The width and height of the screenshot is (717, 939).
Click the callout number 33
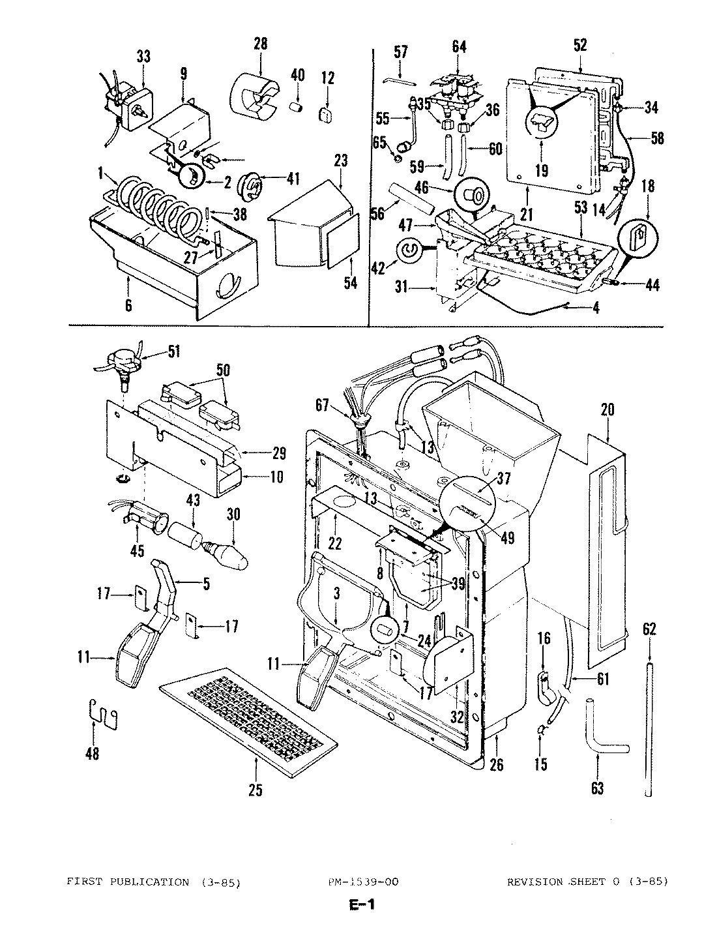143,57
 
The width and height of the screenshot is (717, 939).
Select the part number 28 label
260,44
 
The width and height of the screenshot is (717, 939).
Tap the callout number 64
459,46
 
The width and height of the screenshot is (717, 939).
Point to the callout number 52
579,44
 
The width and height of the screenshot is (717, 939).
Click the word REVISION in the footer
534,882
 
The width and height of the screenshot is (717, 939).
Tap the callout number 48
93,754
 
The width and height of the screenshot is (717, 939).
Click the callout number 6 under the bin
128,305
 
